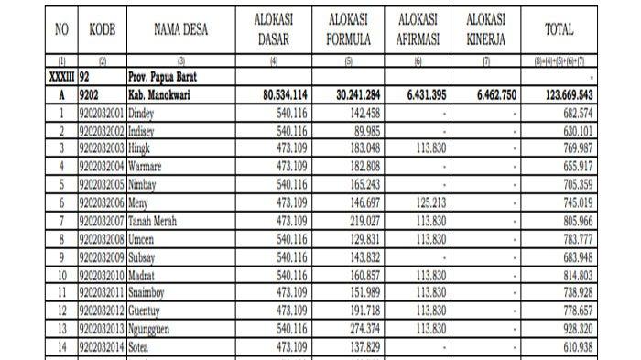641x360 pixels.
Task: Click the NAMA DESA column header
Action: coord(180,30)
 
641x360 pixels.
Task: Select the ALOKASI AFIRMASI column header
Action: coord(418,30)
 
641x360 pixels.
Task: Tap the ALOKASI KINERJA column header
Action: coord(485,30)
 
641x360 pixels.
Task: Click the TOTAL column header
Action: coord(560,30)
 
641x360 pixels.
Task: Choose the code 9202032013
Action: coord(103,329)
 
